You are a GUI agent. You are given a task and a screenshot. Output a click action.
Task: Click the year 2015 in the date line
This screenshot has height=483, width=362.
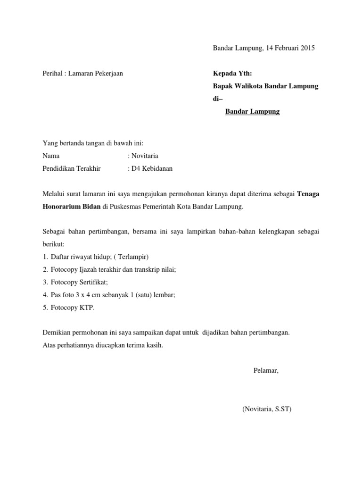pos(307,48)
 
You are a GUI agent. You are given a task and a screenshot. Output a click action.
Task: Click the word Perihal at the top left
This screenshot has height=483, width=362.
pos(52,74)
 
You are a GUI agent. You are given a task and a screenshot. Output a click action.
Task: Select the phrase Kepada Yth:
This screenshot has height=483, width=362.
pos(233,74)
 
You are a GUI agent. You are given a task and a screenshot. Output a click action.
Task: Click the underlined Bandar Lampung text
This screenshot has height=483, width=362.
pos(253,112)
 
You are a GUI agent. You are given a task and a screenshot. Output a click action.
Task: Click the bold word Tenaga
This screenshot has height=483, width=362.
pos(308,194)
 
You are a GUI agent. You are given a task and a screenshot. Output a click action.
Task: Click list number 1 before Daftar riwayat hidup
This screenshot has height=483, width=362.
pos(44,257)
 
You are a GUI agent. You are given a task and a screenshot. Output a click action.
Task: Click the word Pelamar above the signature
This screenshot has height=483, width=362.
pos(266,370)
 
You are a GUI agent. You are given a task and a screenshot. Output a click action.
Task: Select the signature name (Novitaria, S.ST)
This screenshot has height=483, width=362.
pos(267,409)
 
